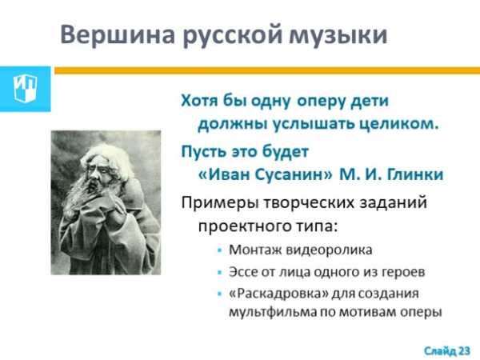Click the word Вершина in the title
[118, 34]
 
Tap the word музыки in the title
[338, 35]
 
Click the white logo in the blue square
[25, 89]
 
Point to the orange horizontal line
[267, 70]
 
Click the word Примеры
[220, 203]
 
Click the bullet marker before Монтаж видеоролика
[219, 250]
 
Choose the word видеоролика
[329, 250]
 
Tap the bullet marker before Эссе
[219, 272]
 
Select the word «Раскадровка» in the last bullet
[279, 294]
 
